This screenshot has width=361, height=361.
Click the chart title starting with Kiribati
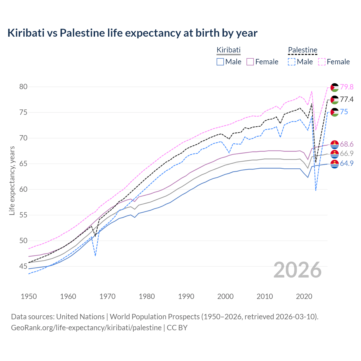pos(132,33)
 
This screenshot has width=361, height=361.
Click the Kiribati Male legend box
pos(220,62)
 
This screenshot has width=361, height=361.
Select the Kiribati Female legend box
pos(250,62)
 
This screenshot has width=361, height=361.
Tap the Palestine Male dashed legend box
pos(292,62)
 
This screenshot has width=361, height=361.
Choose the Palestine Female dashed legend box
pos(322,62)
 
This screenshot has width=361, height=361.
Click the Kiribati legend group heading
pos(228,50)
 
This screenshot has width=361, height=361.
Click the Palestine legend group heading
pos(303,50)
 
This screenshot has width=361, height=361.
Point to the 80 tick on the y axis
pos(23,87)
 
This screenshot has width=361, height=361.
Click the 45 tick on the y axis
pos(23,267)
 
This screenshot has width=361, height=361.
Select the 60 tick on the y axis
pos(23,190)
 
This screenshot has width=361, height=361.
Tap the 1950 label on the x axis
pos(29,296)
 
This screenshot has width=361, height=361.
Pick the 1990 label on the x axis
pos(186,296)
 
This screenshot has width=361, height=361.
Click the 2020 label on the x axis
pos(304,296)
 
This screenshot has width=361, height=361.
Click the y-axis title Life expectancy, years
pos(12,180)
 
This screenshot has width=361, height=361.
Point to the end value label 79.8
pos(347,87)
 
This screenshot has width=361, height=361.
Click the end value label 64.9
pos(347,164)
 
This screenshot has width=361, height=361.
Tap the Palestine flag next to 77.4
pos(334,100)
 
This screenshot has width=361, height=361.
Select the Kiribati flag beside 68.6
pos(334,144)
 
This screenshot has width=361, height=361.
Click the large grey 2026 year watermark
pos(298,270)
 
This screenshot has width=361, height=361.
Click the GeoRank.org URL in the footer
pos(86,328)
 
